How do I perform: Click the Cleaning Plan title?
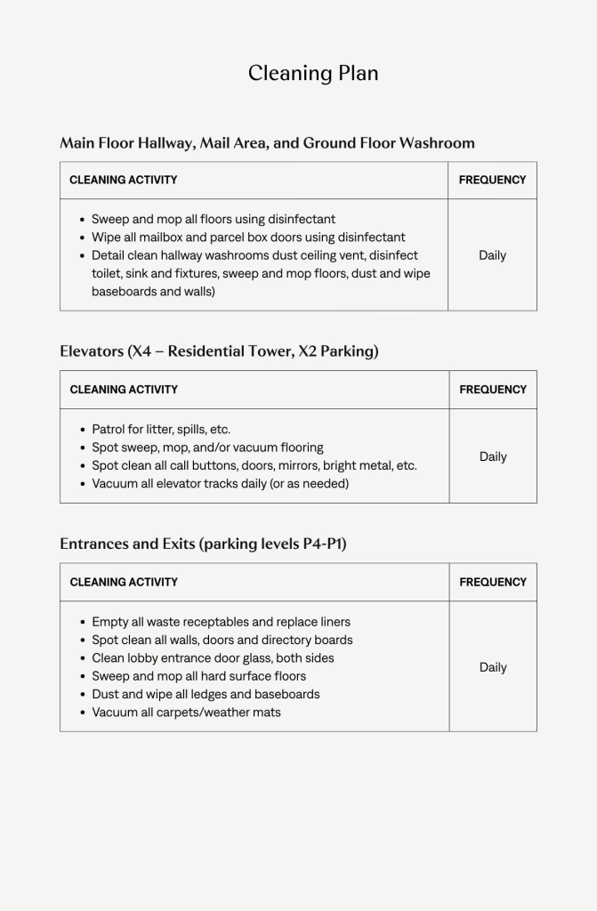click(x=313, y=73)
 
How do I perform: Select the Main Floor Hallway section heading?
click(x=267, y=142)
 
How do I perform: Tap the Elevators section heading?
click(x=219, y=351)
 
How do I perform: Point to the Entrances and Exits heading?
click(x=203, y=544)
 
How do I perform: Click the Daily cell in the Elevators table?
click(x=493, y=456)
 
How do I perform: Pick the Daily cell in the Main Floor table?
click(x=492, y=255)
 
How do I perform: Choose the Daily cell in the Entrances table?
click(x=493, y=667)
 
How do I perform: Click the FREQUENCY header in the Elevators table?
click(x=493, y=390)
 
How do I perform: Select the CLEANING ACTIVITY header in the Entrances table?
click(x=124, y=582)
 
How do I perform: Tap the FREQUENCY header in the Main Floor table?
click(x=492, y=180)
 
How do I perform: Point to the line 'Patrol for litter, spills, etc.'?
click(x=161, y=430)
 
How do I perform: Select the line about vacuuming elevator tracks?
click(x=220, y=484)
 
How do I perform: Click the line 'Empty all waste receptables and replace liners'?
click(x=221, y=622)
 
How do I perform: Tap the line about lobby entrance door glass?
click(x=213, y=658)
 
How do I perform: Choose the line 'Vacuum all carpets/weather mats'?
click(x=186, y=713)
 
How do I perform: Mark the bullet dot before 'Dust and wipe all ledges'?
click(x=83, y=695)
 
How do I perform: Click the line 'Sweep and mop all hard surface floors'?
click(x=198, y=676)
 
